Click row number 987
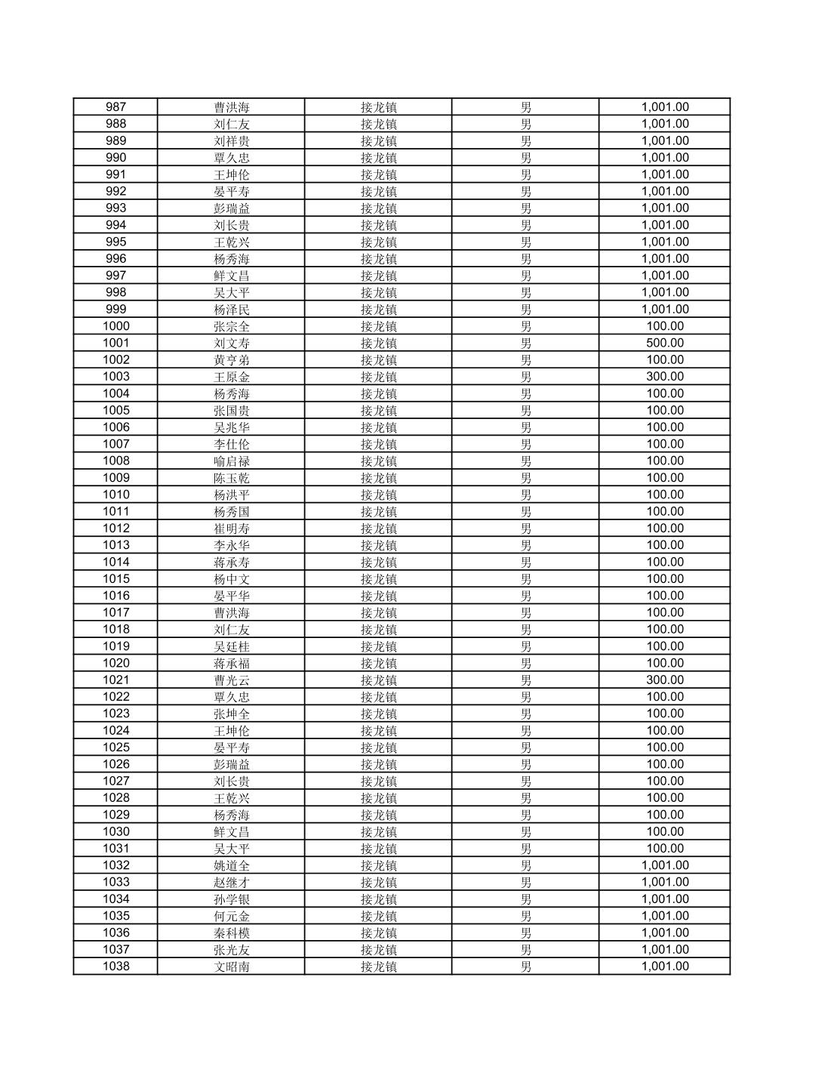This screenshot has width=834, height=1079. pyautogui.click(x=115, y=107)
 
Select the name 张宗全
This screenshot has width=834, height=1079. pyautogui.click(x=231, y=327)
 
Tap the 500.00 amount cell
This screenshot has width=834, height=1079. pyautogui.click(x=665, y=344)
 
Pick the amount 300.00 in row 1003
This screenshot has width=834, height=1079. pyautogui.click(x=665, y=377)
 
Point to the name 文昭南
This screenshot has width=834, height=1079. pyautogui.click(x=231, y=967)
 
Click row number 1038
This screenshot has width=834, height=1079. pyautogui.click(x=115, y=966)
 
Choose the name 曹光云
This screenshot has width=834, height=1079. pyautogui.click(x=231, y=680)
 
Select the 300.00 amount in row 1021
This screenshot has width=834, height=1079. pyautogui.click(x=665, y=680)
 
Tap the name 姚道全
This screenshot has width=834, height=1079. pyautogui.click(x=231, y=866)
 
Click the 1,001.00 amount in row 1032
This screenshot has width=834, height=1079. pyautogui.click(x=665, y=866)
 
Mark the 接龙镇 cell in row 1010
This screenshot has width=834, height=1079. pyautogui.click(x=378, y=495)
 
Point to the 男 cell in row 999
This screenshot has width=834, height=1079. pyautogui.click(x=525, y=310)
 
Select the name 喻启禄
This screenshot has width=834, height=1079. pyautogui.click(x=231, y=461)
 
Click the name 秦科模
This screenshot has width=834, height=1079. pyautogui.click(x=231, y=933)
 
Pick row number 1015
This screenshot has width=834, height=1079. pyautogui.click(x=115, y=579)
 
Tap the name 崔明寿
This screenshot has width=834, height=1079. pyautogui.click(x=231, y=529)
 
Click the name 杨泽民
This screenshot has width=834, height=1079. pyautogui.click(x=231, y=310)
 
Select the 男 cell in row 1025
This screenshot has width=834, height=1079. pyautogui.click(x=525, y=748)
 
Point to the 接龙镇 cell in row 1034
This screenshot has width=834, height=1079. pyautogui.click(x=378, y=899)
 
